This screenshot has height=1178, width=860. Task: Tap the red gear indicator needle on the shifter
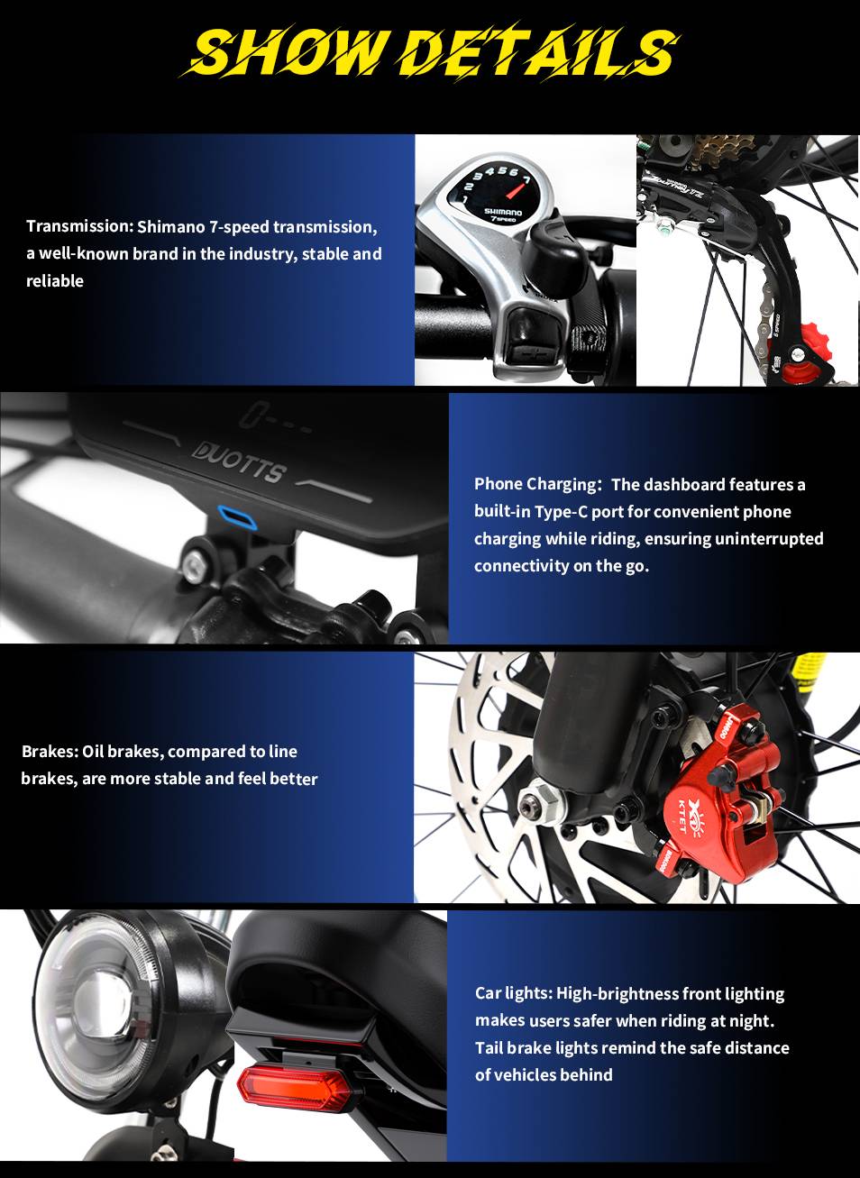click(519, 187)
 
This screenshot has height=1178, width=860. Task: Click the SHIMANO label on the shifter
click(503, 212)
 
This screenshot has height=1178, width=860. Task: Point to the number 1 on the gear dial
click(464, 199)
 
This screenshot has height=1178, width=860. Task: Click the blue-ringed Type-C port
click(238, 517)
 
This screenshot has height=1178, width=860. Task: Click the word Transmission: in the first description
click(79, 226)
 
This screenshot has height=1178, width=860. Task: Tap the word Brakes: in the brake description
click(50, 752)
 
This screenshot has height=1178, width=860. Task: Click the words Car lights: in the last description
click(514, 993)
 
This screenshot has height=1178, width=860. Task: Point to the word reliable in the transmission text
click(55, 281)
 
